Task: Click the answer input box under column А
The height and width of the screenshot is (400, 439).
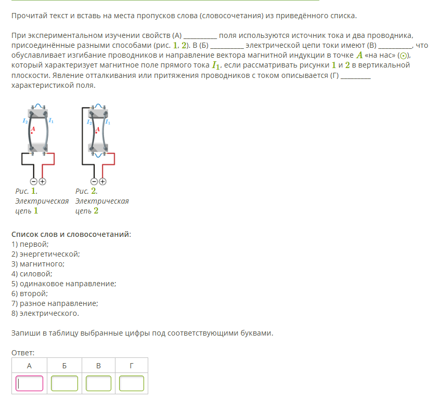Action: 30,383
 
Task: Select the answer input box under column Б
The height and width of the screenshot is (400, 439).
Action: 64,383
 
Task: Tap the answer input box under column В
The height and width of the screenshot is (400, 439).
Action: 98,383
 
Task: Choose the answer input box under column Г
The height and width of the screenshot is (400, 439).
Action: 132,383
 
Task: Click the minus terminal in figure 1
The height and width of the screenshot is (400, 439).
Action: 34,182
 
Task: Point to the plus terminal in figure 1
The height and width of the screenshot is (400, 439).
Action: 42,182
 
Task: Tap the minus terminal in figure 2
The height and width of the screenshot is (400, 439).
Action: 94,182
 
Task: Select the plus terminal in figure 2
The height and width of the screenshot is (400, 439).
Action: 103,182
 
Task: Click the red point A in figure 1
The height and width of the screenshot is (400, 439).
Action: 32,133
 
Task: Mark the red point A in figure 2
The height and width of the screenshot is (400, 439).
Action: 96,132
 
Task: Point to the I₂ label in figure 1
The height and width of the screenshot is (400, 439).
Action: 25,121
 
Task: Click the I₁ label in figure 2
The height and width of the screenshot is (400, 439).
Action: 108,122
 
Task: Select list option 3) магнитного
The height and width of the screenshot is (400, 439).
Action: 38,264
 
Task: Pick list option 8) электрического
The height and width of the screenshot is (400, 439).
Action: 45,313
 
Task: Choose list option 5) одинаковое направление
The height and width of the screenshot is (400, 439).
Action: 63,284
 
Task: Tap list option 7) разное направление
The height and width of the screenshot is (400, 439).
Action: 55,303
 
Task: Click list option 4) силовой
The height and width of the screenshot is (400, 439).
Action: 32,274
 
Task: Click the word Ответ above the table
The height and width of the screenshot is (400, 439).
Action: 23,353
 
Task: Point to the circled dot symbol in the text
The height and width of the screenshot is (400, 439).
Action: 403,56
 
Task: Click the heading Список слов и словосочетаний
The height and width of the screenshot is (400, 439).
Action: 71,234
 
